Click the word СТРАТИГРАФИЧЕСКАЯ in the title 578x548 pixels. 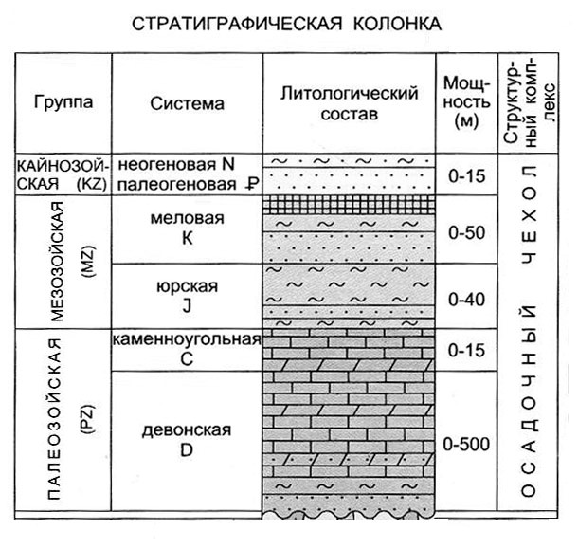(x=237, y=24)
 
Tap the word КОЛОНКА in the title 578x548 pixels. (x=397, y=24)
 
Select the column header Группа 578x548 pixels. (x=63, y=102)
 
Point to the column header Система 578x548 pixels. (x=188, y=103)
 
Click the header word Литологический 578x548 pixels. (x=349, y=93)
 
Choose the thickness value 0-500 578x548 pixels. (x=466, y=444)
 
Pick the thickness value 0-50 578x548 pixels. (x=466, y=232)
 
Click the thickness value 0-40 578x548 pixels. (x=466, y=299)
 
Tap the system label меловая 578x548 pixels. (x=188, y=218)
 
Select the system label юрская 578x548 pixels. (x=188, y=286)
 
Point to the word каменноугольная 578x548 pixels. (x=187, y=339)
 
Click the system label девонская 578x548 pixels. (x=187, y=430)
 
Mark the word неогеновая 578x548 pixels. (x=167, y=164)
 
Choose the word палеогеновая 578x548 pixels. (x=176, y=184)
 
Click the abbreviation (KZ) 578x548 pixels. (x=91, y=184)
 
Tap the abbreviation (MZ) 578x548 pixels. (x=88, y=262)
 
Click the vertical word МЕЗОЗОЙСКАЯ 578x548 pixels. (x=57, y=262)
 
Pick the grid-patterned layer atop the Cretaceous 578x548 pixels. (x=349, y=205)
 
